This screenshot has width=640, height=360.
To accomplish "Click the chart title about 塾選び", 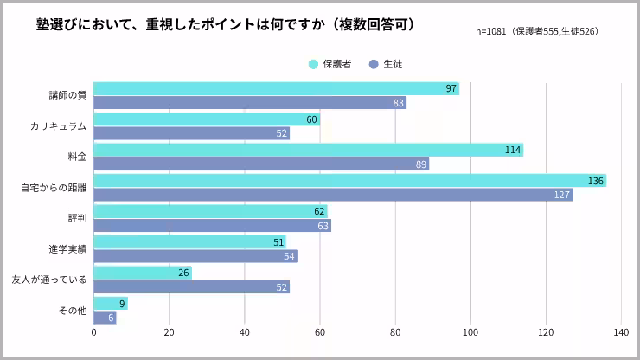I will tap(226, 24).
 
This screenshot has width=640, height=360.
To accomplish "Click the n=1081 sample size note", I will tap(536, 32).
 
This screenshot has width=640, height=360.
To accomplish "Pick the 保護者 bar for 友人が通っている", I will tap(143, 273).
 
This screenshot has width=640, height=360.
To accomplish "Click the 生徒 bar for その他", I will tap(105, 318).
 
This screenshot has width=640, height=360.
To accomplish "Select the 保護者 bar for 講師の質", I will tap(276, 88).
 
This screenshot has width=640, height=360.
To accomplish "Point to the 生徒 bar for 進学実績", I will tap(195, 256).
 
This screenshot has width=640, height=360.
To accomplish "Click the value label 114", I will tap(513, 150).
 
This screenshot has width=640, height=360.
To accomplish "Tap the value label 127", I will tap(562, 195).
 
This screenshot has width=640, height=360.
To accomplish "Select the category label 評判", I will tap(77, 218).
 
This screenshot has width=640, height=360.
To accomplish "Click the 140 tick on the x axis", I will tap(621, 332).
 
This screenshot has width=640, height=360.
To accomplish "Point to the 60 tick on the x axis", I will tap(320, 332).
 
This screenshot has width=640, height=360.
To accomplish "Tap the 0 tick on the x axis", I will tap(93, 332).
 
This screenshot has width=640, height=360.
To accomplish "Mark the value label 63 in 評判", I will tap(323, 226).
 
